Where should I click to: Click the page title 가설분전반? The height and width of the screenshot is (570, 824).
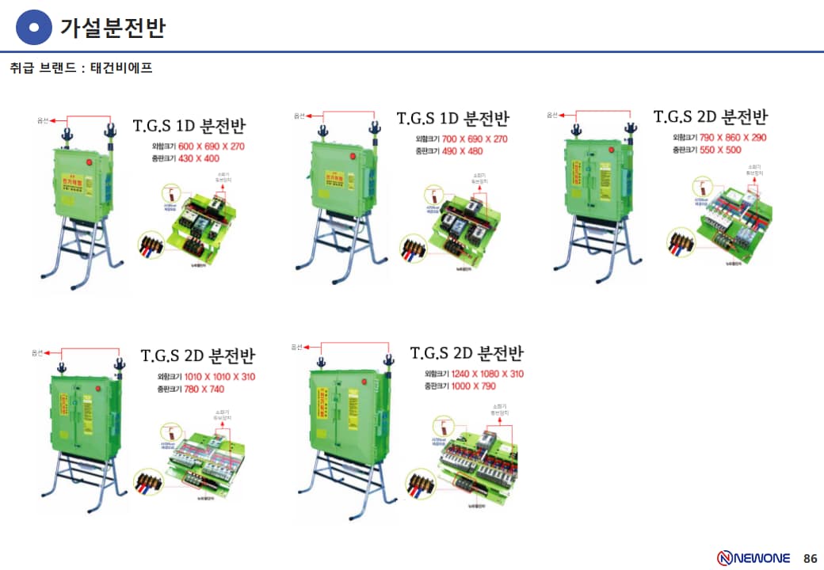click(x=113, y=28)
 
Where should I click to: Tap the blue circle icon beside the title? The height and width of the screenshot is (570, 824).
click(x=33, y=28)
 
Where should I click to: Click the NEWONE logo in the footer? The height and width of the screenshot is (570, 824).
click(x=753, y=557)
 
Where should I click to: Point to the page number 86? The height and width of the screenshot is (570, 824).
click(x=810, y=557)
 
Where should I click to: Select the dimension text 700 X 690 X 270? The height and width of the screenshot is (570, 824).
click(x=475, y=139)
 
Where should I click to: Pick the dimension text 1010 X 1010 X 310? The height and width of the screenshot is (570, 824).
click(x=219, y=377)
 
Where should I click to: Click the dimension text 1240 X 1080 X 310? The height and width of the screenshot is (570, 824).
click(x=487, y=374)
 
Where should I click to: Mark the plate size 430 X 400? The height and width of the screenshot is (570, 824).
click(x=199, y=158)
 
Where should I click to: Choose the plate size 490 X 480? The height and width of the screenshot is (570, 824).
click(x=462, y=151)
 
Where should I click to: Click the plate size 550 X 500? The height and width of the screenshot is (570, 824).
click(x=719, y=150)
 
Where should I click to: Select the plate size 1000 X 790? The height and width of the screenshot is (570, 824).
click(x=474, y=386)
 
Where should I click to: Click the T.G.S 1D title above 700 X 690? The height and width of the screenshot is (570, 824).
click(x=452, y=119)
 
